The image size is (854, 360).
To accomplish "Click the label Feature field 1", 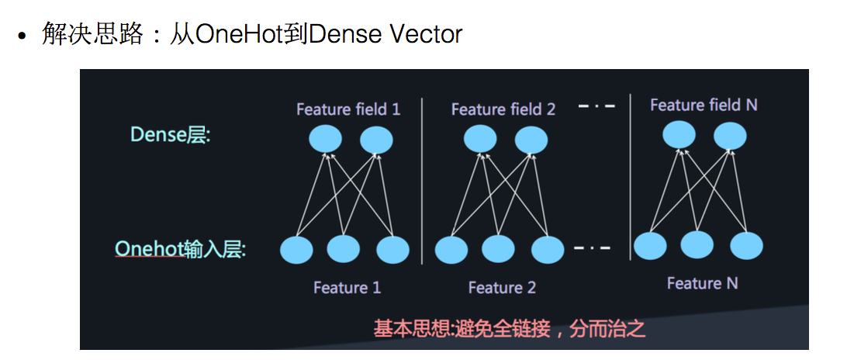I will click(x=348, y=109).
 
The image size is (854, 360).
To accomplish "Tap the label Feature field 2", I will click(x=503, y=109).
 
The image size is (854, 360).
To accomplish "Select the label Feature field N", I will click(x=704, y=105).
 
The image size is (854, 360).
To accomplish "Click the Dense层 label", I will click(x=170, y=135).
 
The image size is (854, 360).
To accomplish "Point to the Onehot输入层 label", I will click(x=180, y=249).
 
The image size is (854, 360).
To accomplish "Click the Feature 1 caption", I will click(x=347, y=288).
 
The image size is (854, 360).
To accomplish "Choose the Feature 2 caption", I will click(x=502, y=288).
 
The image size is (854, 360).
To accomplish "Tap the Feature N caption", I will click(x=702, y=283).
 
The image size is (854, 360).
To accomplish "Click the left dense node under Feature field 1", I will click(x=326, y=140).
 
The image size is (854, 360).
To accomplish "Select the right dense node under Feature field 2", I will click(x=531, y=140).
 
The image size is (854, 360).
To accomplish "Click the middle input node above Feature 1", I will click(x=344, y=249).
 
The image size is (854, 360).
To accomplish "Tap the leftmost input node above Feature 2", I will click(x=451, y=250).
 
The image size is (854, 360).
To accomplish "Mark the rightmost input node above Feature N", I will click(x=746, y=245).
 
